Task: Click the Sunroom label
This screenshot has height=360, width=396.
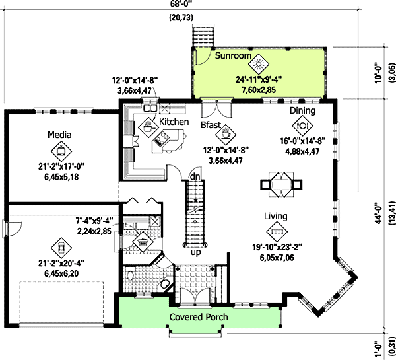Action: pos(233,56)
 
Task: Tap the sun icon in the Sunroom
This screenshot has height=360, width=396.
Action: pos(261,64)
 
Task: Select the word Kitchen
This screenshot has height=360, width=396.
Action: pos(174,122)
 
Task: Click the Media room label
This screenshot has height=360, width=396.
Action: pos(59,135)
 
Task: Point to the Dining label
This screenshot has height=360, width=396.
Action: pos(302,111)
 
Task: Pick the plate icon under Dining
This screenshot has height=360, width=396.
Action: pos(302,124)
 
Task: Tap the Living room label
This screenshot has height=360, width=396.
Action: pos(275,216)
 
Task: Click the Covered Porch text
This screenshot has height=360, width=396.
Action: pos(199,318)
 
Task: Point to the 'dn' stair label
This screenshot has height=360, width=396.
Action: pos(195,177)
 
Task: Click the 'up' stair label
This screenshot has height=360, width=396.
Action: pos(195,252)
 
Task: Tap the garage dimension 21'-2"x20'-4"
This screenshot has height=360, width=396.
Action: pos(60,263)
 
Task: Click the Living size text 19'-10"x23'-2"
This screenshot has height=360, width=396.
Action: pos(276,247)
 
